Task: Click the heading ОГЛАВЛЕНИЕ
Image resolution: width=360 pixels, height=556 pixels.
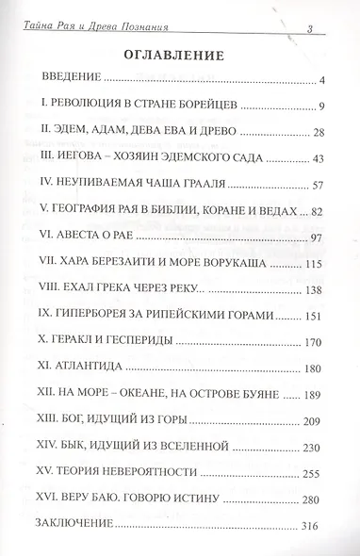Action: pyautogui.click(x=179, y=54)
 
